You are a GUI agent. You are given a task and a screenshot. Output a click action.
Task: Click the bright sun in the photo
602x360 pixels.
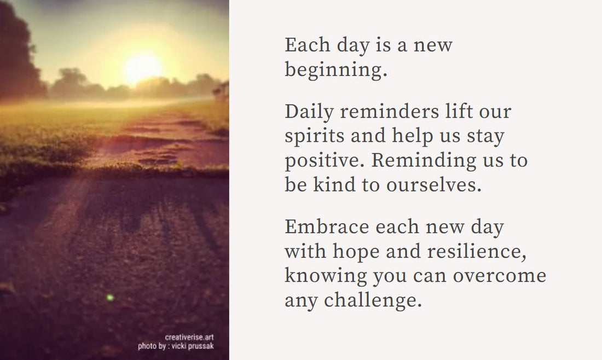point(143,67)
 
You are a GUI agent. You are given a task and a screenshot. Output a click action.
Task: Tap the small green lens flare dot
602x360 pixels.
point(110,297)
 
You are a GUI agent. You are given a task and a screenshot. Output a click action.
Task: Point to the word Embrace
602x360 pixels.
point(326,227)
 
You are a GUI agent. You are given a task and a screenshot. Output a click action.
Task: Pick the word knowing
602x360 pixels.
point(325,275)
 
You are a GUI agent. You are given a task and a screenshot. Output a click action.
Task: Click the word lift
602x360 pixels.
point(448,112)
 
